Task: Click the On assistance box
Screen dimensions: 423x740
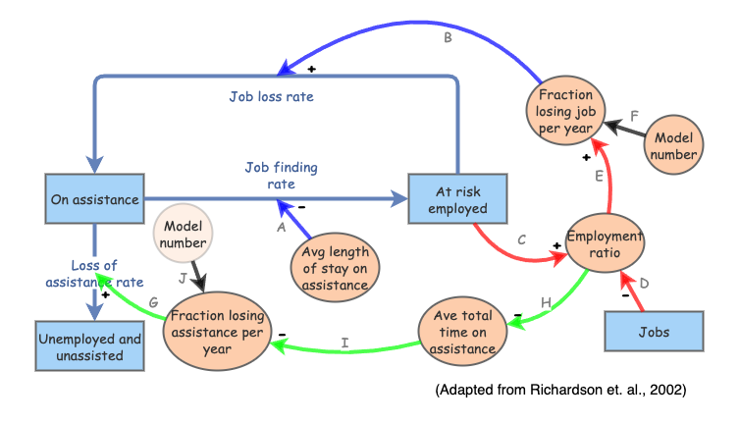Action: coord(93,200)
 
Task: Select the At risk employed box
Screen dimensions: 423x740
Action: coord(456,200)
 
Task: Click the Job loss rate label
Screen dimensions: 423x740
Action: coord(271,97)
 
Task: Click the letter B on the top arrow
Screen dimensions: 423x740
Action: coord(448,37)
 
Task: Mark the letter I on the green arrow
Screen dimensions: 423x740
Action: coord(344,343)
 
